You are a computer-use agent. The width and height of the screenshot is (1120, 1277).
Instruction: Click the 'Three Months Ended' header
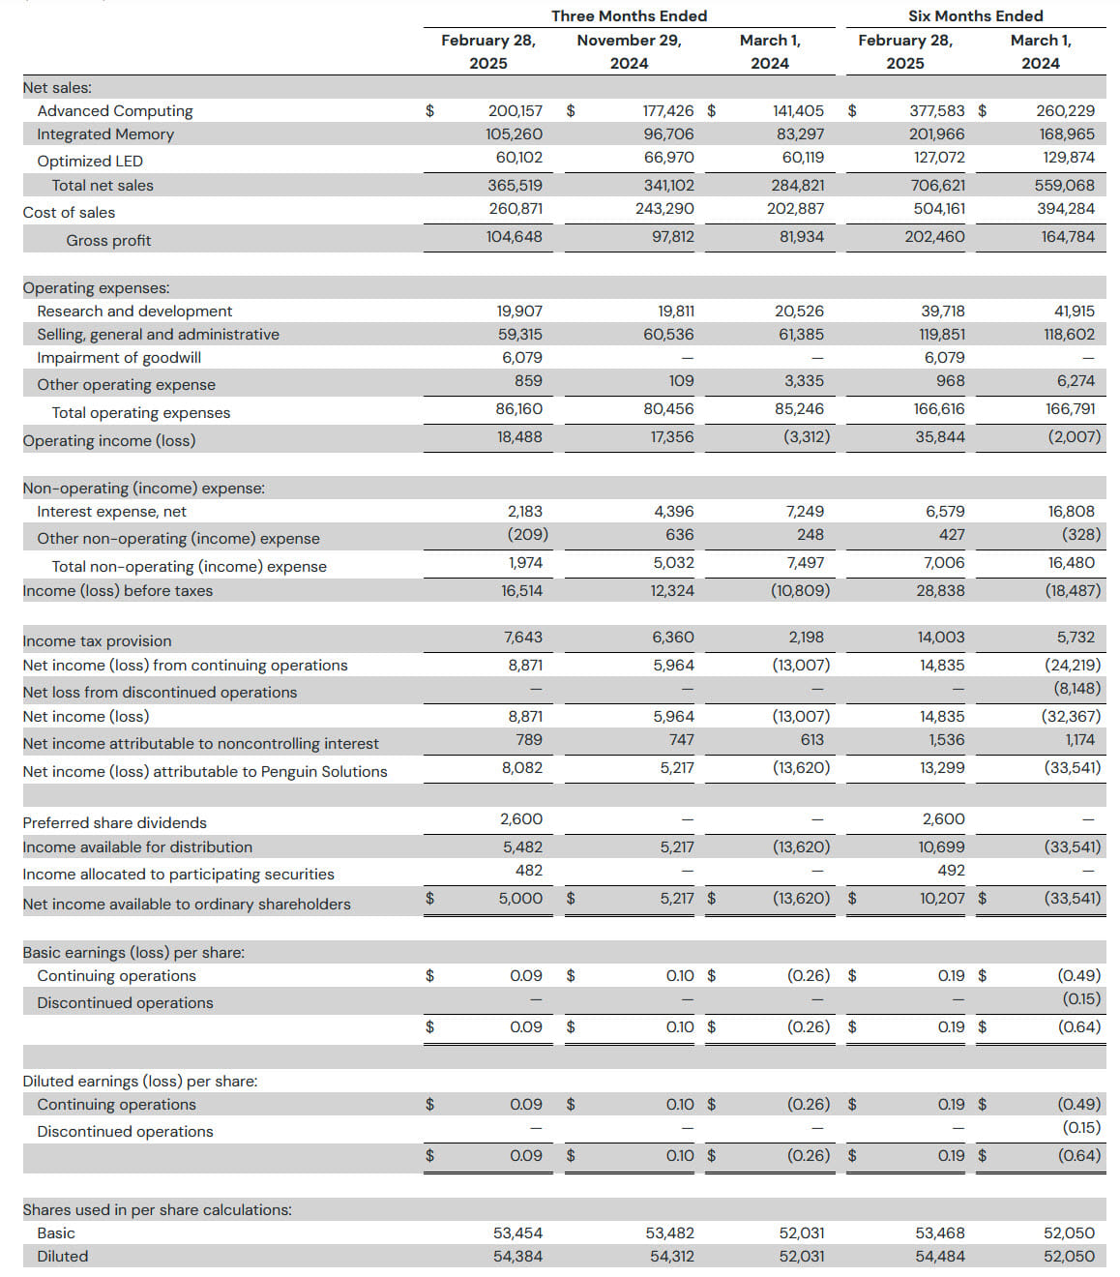coord(629,15)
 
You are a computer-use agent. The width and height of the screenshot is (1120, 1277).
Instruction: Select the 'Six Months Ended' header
coord(975,15)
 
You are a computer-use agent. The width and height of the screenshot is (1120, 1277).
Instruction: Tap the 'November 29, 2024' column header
coord(629,51)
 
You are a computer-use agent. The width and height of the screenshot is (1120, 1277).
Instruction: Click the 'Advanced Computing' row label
coord(115,111)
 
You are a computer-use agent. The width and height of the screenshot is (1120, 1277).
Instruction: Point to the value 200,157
coord(515,111)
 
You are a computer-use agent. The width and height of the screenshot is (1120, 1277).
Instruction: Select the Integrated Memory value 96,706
coord(668,134)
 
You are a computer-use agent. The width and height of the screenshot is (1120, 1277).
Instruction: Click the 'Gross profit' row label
coord(108,240)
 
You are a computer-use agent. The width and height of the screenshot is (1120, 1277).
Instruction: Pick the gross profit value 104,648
coord(514,236)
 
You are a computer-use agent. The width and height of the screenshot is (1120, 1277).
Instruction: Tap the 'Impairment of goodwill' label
coord(119,357)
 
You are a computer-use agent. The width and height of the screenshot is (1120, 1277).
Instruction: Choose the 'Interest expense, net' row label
coord(111,511)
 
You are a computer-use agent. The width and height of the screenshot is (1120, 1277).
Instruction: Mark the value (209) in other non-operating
coord(527,534)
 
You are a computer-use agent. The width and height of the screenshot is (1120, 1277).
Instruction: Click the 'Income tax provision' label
coord(97,641)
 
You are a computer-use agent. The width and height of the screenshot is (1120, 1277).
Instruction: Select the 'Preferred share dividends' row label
coord(115,822)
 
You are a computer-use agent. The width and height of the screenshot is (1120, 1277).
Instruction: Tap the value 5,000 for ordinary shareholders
coord(520,898)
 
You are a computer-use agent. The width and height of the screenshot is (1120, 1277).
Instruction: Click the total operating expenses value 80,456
coord(668,409)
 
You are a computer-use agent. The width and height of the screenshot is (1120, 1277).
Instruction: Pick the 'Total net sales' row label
coord(103,186)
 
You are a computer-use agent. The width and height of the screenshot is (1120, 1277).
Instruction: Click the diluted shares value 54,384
coord(517,1256)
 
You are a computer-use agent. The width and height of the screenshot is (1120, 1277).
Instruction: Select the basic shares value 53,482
coord(669,1232)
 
